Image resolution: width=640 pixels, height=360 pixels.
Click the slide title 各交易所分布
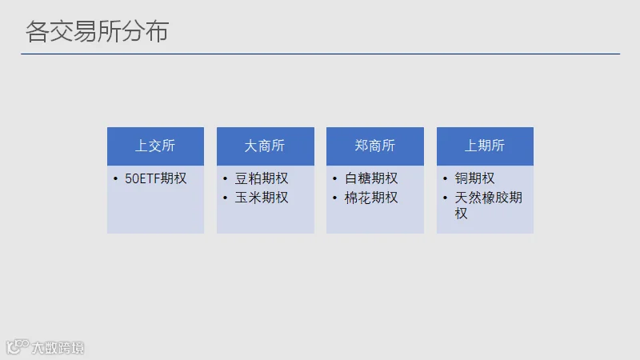coord(97,31)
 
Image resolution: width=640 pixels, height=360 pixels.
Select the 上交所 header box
coord(155,146)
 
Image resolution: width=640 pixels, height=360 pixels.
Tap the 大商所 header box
coord(266,146)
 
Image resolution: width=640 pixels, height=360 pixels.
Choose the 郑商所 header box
coord(375,146)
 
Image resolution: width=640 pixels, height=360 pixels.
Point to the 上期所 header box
coord(485,146)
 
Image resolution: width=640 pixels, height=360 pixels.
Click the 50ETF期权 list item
coord(155,178)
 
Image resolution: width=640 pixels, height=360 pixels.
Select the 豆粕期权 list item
coord(262,178)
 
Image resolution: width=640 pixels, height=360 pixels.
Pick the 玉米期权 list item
coord(262,198)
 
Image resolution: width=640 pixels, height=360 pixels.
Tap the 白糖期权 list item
coord(371,178)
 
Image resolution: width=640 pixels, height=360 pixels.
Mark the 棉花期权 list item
coord(371,198)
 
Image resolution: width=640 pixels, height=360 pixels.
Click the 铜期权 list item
coord(474,178)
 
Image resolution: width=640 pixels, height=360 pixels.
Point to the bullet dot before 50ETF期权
coord(115,178)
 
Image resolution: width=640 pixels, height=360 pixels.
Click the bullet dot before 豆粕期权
coord(226,178)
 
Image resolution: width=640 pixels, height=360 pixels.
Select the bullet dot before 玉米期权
coord(226,198)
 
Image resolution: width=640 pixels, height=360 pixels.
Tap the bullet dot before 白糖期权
coord(335,178)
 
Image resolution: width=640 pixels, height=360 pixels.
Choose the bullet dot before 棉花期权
coord(335,198)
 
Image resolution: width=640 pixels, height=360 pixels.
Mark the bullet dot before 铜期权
coord(445,178)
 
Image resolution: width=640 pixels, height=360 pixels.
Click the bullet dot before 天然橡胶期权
coord(445,198)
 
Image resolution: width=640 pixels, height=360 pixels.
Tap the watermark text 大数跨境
coord(58,348)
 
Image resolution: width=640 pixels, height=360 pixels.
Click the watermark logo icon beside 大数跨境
coord(18,346)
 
